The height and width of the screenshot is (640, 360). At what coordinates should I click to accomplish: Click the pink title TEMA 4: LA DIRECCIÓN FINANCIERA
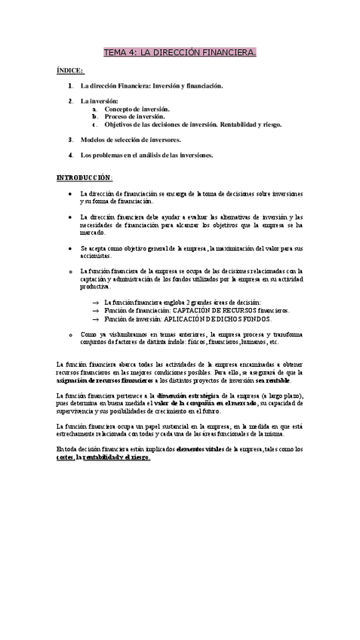[180, 53]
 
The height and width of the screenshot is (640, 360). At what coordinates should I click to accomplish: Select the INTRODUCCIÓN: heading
[85, 177]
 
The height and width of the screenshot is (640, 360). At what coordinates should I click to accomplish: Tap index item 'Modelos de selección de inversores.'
[131, 140]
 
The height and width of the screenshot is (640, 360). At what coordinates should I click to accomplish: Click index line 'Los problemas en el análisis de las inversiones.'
[147, 155]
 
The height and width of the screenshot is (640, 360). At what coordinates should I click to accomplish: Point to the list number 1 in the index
[69, 86]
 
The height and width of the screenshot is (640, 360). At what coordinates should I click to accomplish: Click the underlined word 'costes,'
[65, 457]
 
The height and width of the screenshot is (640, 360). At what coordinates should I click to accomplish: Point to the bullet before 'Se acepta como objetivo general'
[69, 248]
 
